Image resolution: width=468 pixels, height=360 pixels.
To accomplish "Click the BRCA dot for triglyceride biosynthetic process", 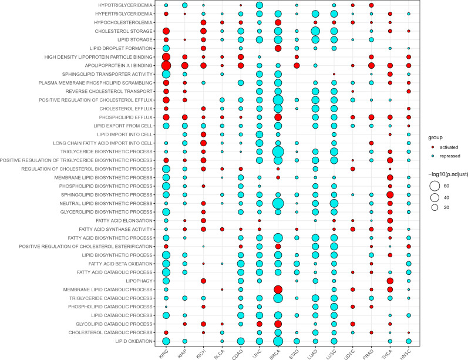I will point(278,152).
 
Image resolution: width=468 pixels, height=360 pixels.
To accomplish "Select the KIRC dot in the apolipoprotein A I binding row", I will point(166,66).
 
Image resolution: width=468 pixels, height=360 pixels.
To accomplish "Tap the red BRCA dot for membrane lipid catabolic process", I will point(278,290).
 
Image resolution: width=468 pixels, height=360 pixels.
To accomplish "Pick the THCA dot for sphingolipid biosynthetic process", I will point(390,195).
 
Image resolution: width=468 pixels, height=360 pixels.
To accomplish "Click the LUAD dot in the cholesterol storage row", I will point(315,31).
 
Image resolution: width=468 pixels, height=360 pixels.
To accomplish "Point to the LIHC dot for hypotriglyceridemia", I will point(259,5).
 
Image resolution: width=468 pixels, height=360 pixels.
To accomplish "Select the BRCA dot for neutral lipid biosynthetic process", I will point(278,203).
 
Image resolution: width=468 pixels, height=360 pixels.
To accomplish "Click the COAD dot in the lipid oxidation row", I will point(240,341).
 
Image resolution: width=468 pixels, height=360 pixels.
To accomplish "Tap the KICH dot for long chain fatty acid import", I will point(203,143).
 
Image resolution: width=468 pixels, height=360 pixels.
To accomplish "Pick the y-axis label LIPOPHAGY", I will point(139,281).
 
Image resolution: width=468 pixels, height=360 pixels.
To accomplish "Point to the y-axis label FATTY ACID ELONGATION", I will point(123,220).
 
